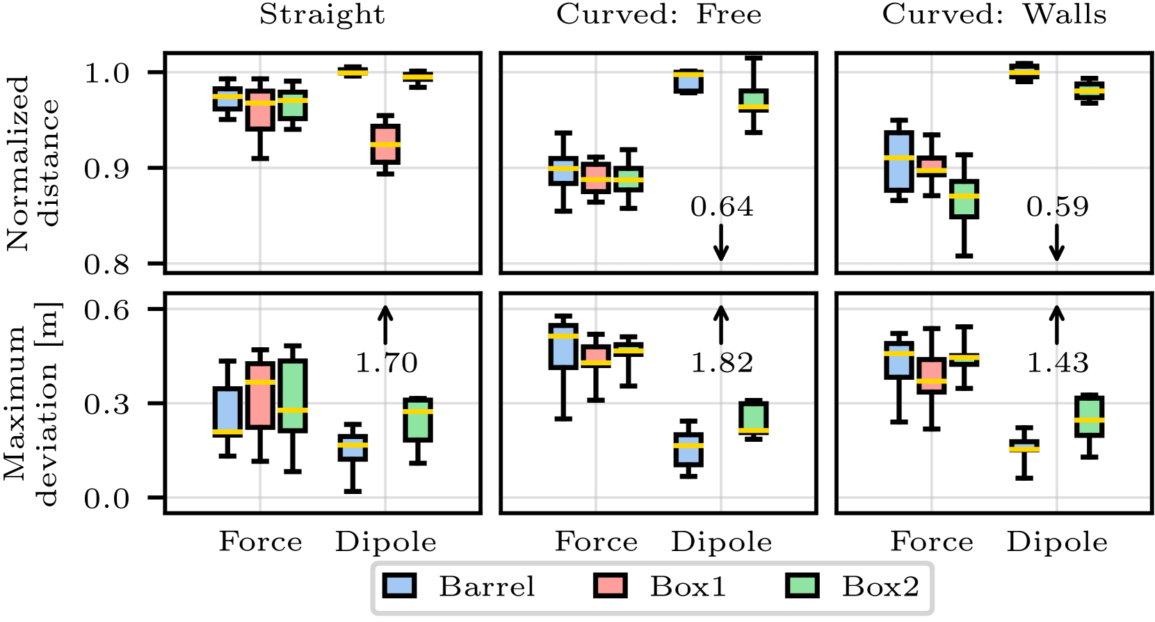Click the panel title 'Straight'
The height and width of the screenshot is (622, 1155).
click(x=322, y=15)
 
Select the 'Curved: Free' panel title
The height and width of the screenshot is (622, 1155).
click(x=659, y=15)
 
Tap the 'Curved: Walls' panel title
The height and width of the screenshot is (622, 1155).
click(x=994, y=15)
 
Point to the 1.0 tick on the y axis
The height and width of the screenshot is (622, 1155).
click(x=106, y=72)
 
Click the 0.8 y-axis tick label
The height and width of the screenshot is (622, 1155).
click(x=106, y=264)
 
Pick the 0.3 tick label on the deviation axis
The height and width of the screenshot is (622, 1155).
click(x=106, y=404)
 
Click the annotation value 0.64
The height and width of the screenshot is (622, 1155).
click(x=722, y=207)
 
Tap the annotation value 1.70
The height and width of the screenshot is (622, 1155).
click(x=386, y=362)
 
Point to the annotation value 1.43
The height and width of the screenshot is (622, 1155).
click(x=1058, y=362)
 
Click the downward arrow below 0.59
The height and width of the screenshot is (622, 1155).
click(x=1057, y=243)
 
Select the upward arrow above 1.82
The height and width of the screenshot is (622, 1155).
click(x=721, y=325)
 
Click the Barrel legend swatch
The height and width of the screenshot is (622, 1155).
click(x=399, y=586)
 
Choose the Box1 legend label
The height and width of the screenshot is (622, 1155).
click(x=688, y=587)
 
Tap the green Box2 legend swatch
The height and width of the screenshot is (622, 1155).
click(x=802, y=586)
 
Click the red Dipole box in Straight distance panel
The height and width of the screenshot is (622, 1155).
click(x=385, y=144)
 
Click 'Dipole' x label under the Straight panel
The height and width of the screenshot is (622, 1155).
click(x=386, y=542)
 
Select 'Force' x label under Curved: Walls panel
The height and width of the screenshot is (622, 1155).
click(x=932, y=541)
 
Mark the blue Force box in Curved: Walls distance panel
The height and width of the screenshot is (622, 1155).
click(x=899, y=161)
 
